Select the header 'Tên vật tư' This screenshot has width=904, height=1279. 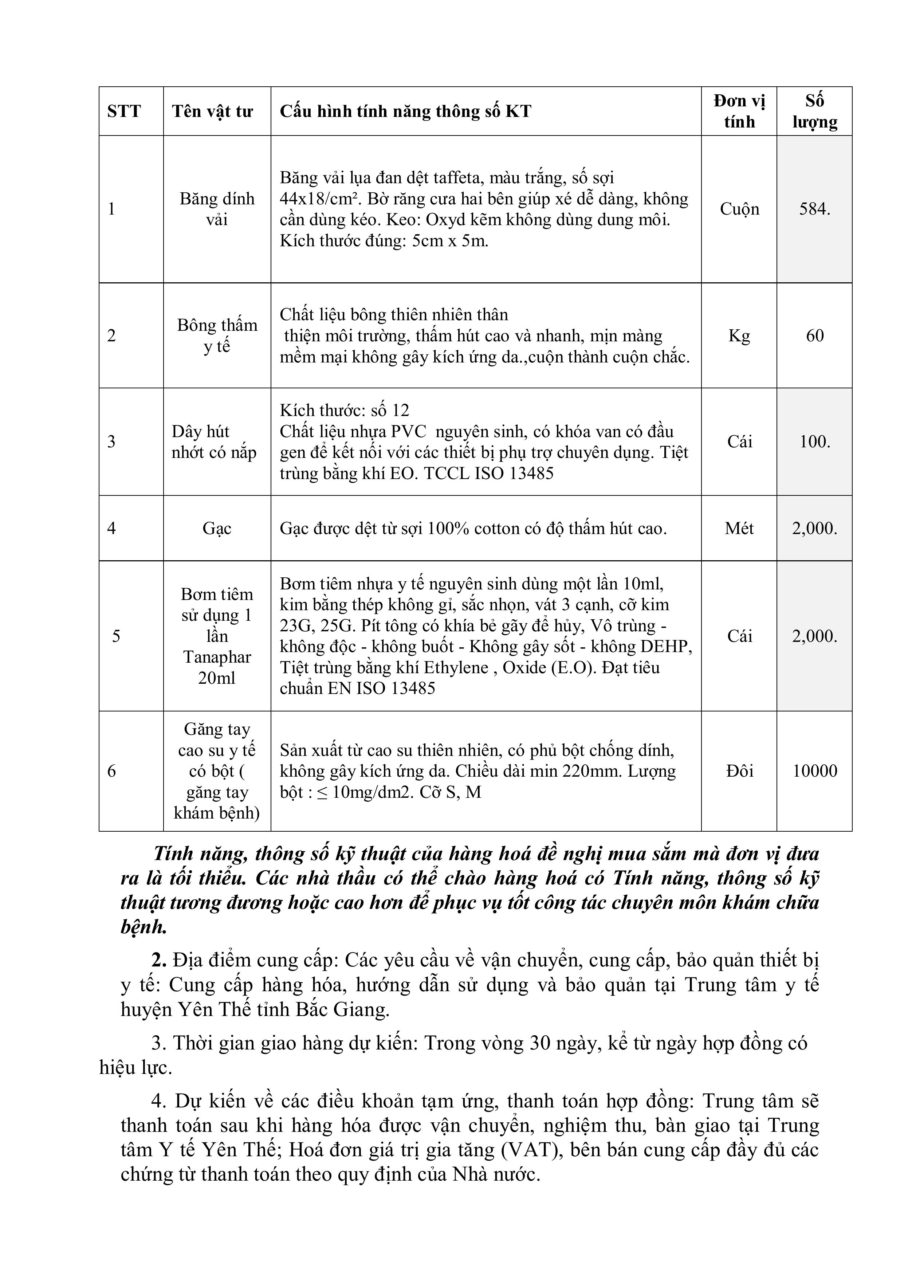(212, 111)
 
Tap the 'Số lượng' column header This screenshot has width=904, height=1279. (814, 111)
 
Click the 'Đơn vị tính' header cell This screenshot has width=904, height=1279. (739, 111)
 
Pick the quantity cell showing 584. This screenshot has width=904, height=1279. (814, 209)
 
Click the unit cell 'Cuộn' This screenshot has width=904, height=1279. (739, 209)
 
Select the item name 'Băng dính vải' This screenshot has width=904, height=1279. (217, 209)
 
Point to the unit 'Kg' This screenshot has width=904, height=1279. (739, 336)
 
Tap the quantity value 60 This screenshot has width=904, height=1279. (814, 336)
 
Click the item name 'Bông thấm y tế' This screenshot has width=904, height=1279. (217, 336)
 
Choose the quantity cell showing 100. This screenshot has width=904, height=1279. (814, 442)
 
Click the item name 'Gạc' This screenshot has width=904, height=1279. (217, 528)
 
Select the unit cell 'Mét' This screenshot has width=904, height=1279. (739, 528)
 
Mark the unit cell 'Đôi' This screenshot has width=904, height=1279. (739, 771)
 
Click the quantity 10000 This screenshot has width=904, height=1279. (814, 771)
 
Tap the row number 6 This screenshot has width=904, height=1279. (111, 771)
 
